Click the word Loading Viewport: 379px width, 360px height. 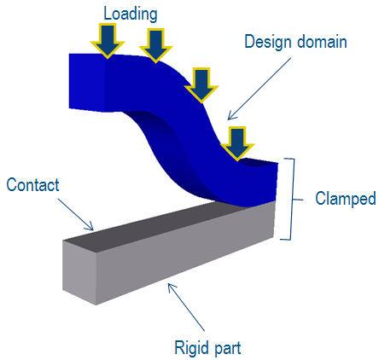coord(131,15)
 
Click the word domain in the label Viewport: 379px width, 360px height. coord(322,42)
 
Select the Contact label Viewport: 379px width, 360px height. coord(32,185)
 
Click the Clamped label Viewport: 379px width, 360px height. coord(346,199)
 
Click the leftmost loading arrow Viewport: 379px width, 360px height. coord(108,41)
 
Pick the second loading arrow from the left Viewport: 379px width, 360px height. coord(155,45)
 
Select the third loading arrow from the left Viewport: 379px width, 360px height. coord(201,85)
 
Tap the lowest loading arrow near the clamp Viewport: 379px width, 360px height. coord(237,143)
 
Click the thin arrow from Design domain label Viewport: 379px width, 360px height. coord(259,89)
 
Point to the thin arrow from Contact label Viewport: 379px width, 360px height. coord(76,214)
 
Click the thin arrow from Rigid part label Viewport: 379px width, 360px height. coord(186,307)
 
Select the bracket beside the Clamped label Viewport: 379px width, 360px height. coord(291,199)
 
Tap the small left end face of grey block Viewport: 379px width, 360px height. coord(79,272)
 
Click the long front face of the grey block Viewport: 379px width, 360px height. coord(185,253)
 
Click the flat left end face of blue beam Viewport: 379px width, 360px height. coord(87,82)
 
